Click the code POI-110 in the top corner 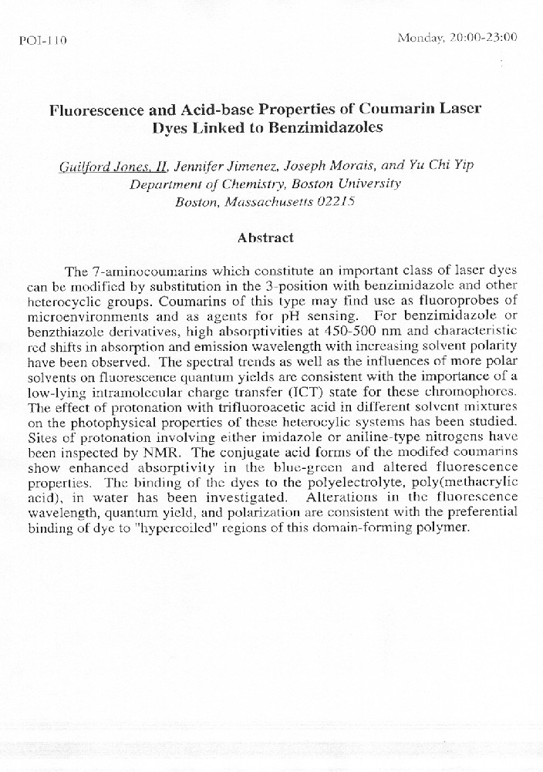[x=42, y=42]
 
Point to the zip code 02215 [x=343, y=202]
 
